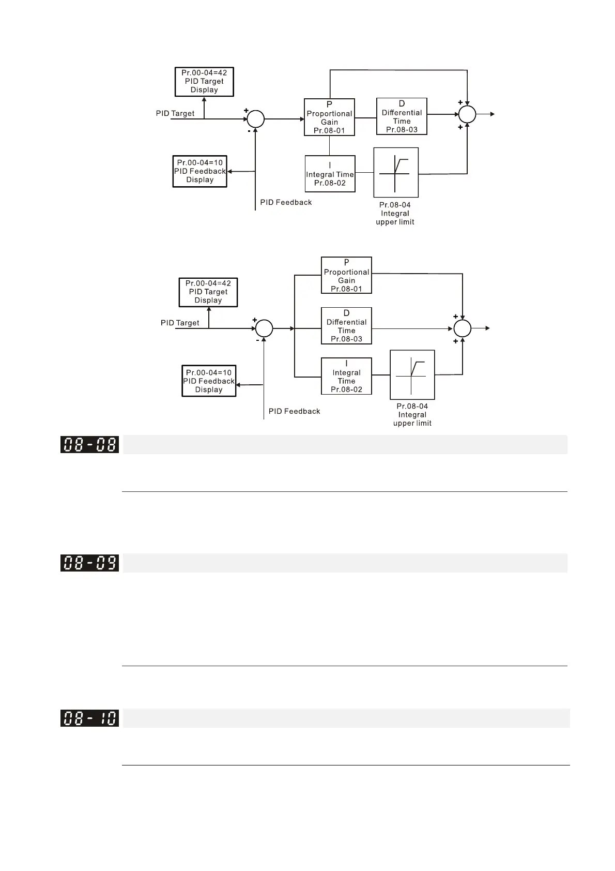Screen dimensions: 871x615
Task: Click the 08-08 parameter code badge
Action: (x=89, y=445)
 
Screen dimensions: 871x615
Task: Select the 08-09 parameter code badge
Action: (x=89, y=563)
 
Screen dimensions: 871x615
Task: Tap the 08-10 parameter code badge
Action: (x=89, y=718)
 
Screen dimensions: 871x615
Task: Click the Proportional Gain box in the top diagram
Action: (x=329, y=117)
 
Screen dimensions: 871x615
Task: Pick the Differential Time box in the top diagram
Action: (x=402, y=116)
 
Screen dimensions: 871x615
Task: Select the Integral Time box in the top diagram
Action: (x=330, y=174)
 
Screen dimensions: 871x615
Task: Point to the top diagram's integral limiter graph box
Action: (x=396, y=173)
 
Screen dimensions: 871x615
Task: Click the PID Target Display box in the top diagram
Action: (x=204, y=82)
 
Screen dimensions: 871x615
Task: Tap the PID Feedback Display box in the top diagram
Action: (x=200, y=171)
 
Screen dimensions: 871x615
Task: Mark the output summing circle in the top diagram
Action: (x=467, y=114)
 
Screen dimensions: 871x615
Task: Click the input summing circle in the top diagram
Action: (x=255, y=119)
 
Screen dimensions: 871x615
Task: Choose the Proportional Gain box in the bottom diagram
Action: (x=346, y=275)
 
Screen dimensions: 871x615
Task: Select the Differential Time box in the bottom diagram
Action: (x=346, y=326)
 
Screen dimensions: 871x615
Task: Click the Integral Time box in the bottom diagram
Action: (x=346, y=376)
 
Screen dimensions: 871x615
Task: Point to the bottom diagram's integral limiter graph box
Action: (x=412, y=375)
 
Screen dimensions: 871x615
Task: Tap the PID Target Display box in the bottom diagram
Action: (x=208, y=292)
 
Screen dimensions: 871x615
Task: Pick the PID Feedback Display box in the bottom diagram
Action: (x=209, y=381)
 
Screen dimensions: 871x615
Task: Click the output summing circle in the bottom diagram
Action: (x=463, y=328)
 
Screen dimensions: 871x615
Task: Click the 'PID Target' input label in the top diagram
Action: (x=175, y=113)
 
